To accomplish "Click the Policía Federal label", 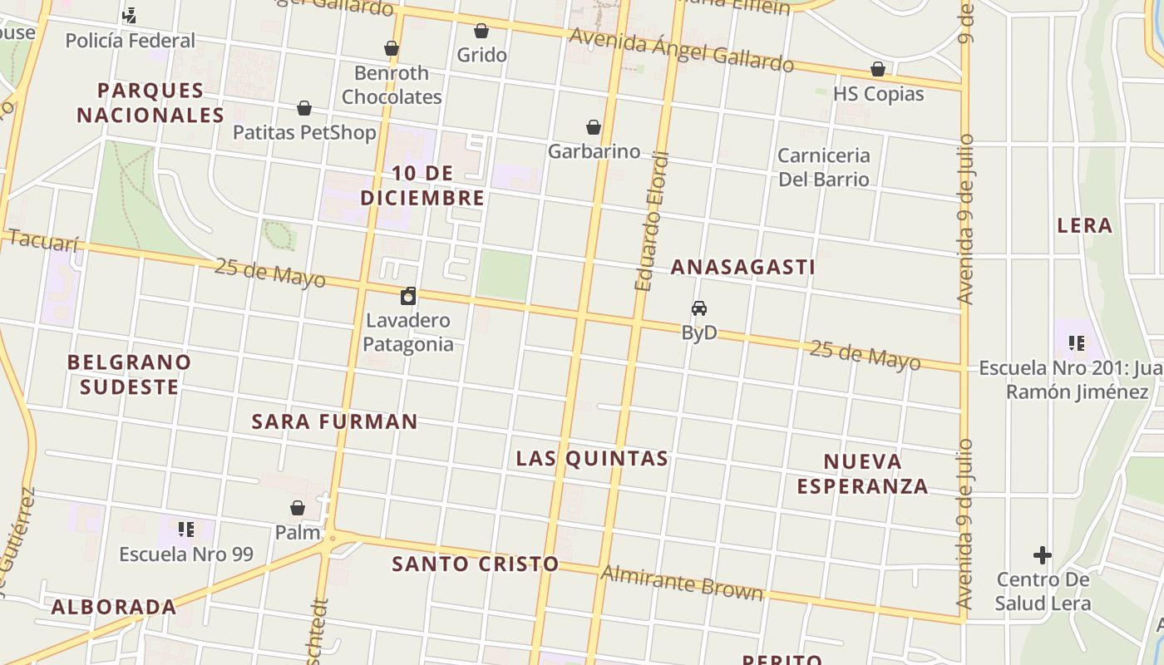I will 130,40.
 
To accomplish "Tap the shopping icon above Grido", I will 481,32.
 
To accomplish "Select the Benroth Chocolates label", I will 392,85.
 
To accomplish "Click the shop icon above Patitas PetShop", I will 304,109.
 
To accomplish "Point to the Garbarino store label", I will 594,151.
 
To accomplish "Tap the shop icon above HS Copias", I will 878,69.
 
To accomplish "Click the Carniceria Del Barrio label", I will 823,167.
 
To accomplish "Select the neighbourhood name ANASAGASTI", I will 742,267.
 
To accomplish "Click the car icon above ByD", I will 699,308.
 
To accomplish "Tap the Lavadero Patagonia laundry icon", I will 408,297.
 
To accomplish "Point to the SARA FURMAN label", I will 334,421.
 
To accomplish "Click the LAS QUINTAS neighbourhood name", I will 592,458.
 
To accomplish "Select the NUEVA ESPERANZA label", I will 863,474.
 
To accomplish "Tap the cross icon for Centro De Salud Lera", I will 1042,554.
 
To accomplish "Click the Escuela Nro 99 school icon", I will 186,529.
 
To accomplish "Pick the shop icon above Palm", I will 298,508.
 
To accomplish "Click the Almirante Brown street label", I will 682,582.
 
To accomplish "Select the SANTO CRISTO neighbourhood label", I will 476,564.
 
